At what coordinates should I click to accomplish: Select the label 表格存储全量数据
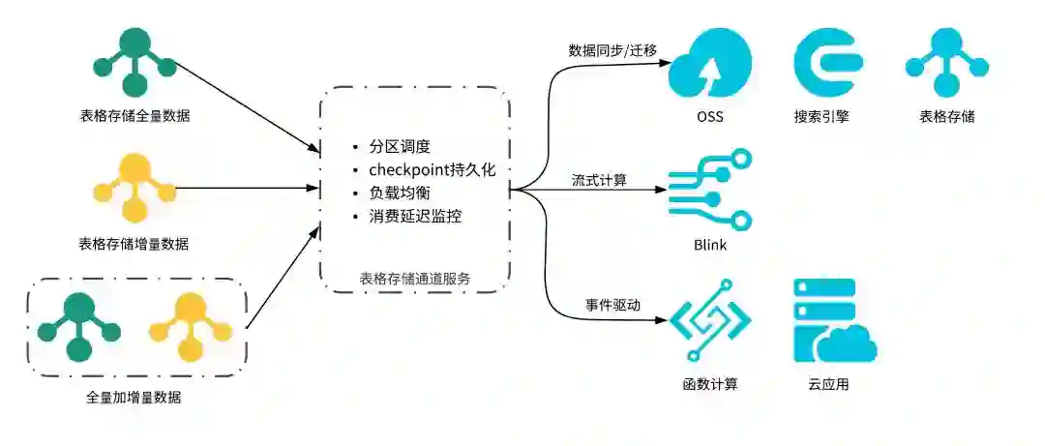pos(134,116)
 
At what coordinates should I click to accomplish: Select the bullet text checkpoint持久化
pos(432,170)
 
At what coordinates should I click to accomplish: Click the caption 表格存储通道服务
pos(415,279)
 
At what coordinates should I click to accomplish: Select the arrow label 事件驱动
pos(612,305)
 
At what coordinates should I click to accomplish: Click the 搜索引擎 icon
pos(827,62)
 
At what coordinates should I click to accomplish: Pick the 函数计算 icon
pos(710,320)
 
